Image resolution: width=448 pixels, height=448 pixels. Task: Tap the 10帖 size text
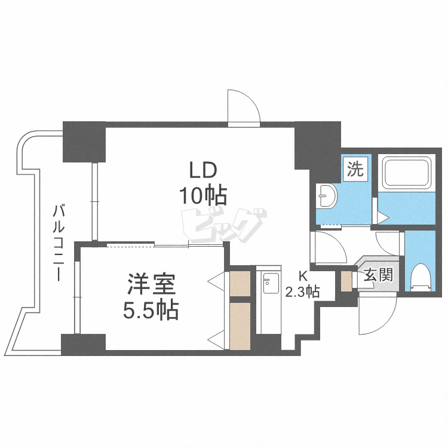[202, 194]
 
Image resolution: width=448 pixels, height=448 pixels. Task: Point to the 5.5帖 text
[151, 309]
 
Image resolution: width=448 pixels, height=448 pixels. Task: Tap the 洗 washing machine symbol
[355, 169]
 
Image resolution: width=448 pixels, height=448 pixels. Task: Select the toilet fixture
[422, 277]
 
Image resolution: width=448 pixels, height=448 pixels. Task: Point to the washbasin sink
[326, 195]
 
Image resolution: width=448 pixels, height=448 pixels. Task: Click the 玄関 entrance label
[378, 275]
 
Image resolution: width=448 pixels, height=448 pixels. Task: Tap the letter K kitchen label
[303, 276]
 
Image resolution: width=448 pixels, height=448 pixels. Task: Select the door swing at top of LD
[243, 108]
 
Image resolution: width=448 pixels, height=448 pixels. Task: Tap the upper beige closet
[241, 284]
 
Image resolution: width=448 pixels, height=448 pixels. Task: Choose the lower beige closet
[241, 326]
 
